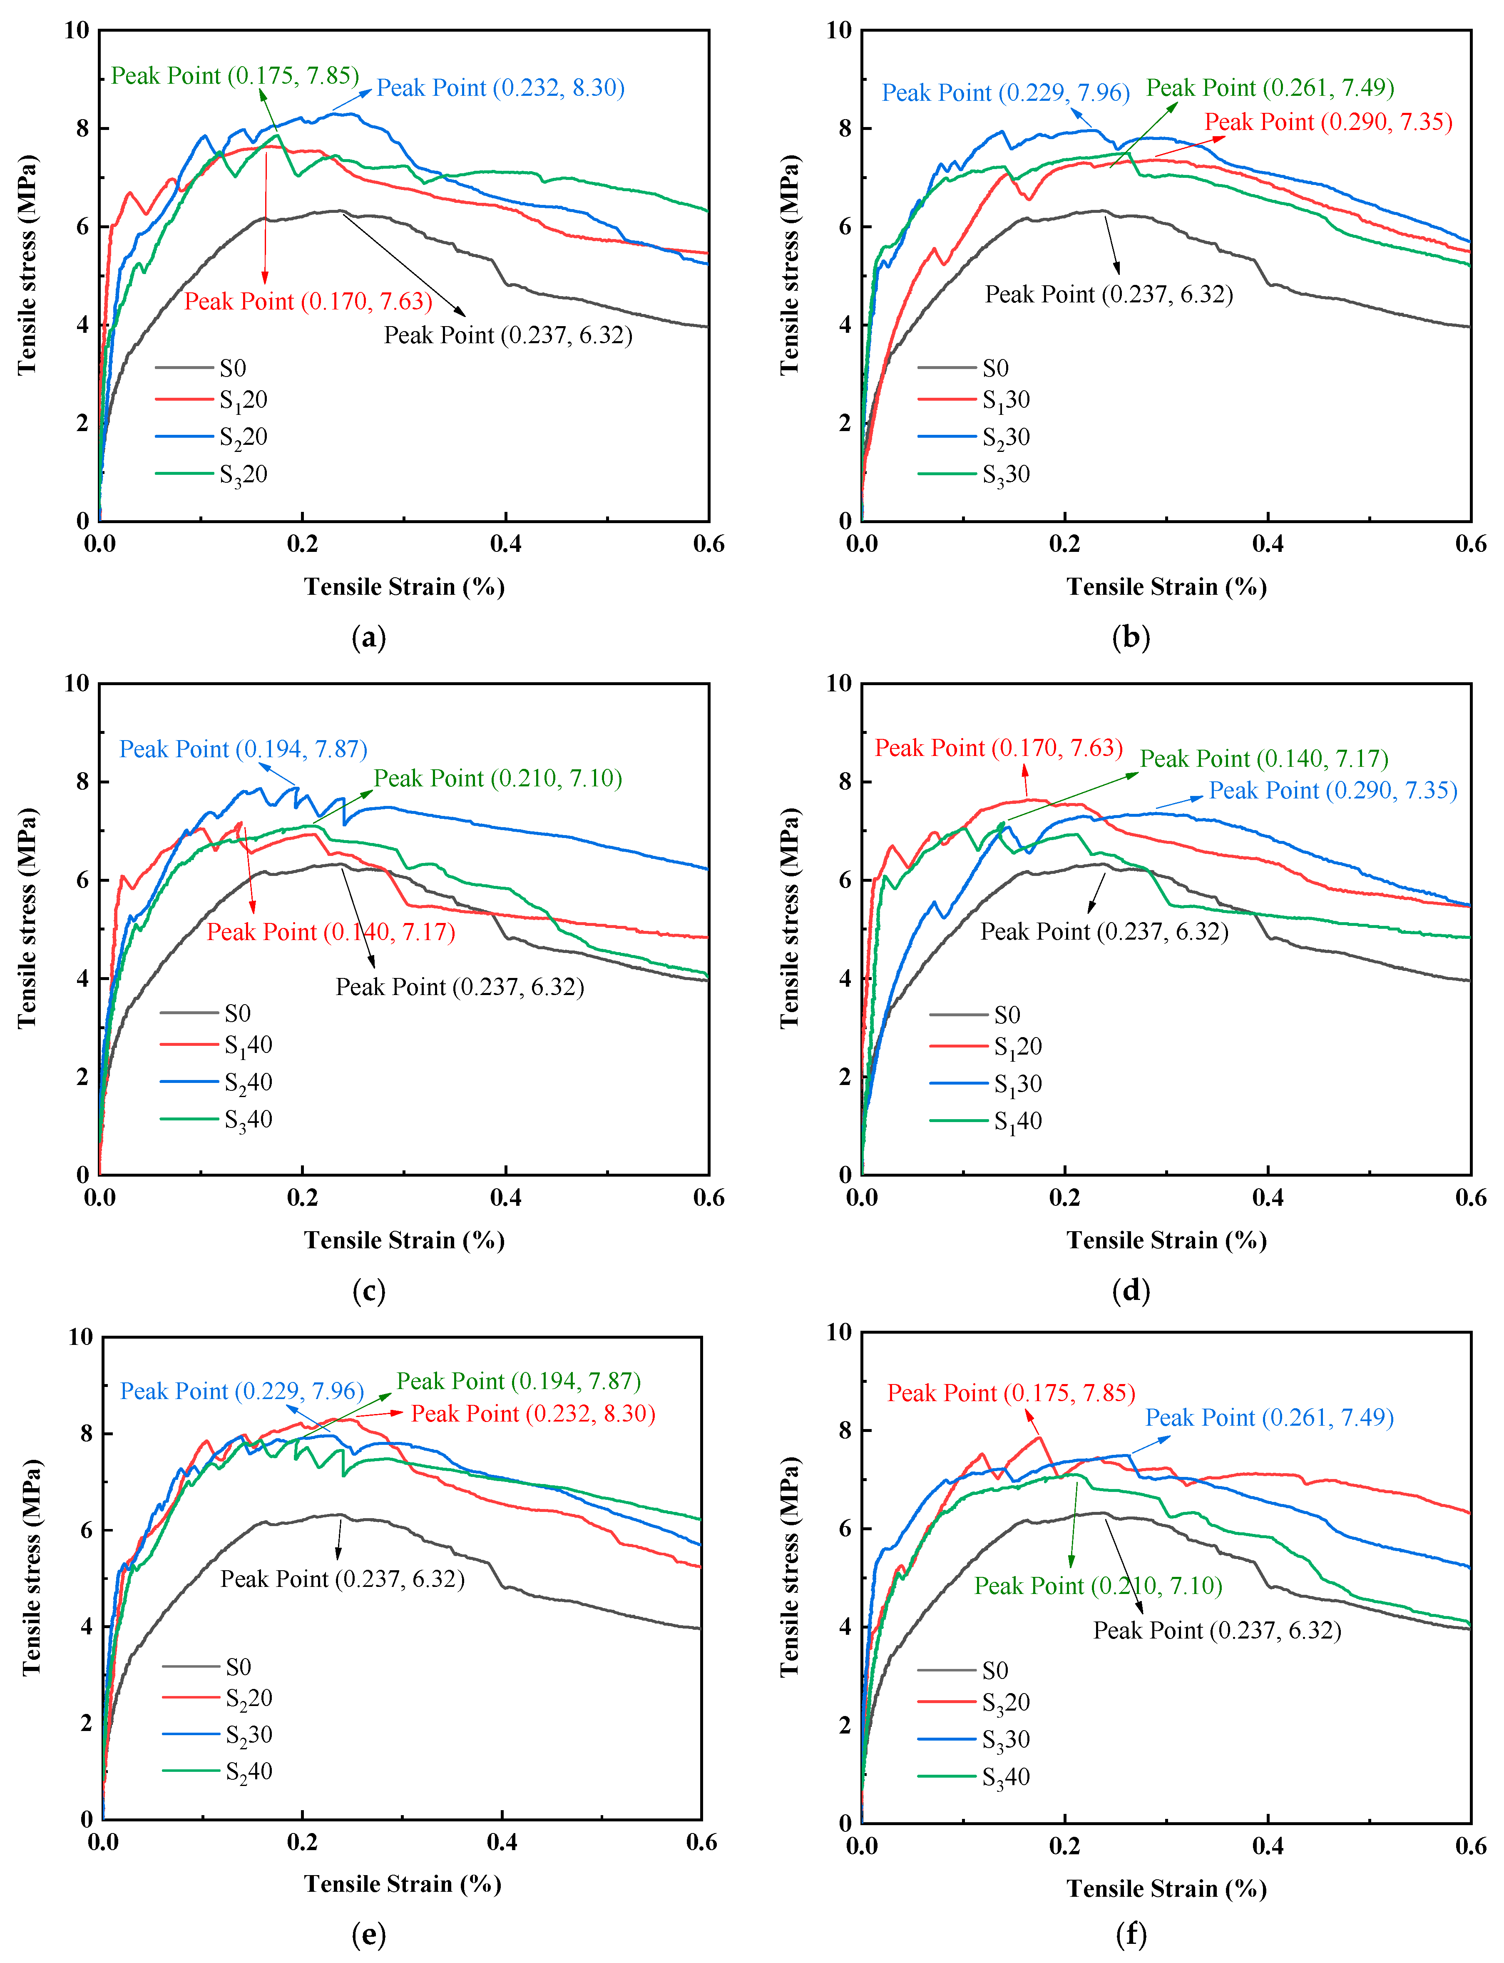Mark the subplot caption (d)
pos(1131,1290)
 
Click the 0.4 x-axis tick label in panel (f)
pos(1268,1846)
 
